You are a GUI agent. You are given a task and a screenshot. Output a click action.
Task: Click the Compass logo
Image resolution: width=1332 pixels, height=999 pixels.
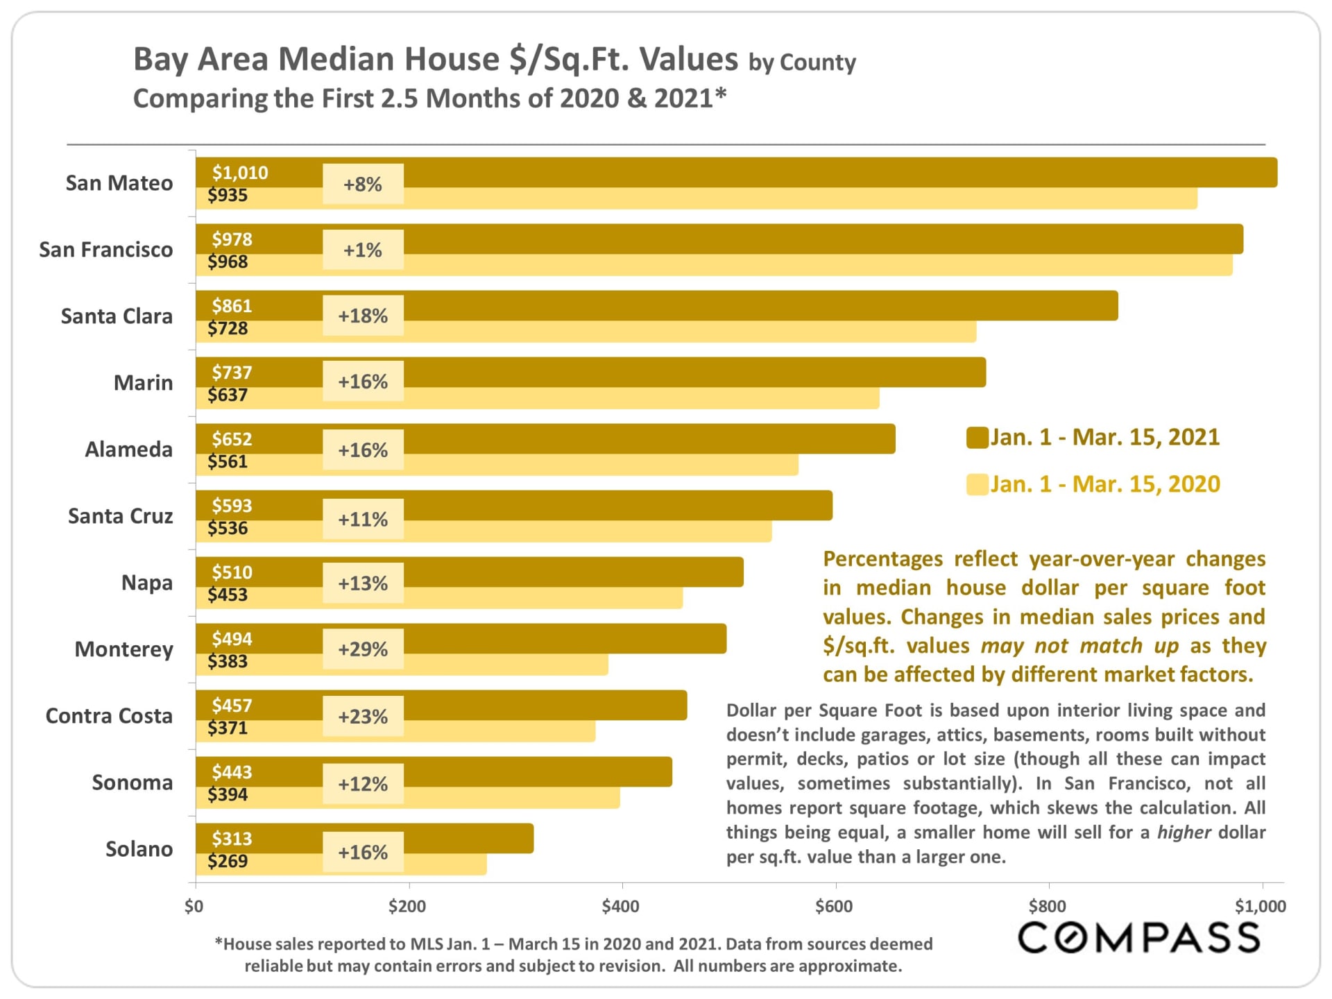tap(1138, 938)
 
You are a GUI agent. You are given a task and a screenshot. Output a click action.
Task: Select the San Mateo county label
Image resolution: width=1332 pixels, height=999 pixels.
tap(119, 183)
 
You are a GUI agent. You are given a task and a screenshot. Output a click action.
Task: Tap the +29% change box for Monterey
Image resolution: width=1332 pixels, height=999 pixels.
tap(363, 649)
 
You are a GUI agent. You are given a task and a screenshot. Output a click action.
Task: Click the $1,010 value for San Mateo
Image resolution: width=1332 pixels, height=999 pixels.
tap(240, 173)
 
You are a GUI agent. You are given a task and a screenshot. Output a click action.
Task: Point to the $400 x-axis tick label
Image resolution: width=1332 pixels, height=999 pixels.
tap(621, 906)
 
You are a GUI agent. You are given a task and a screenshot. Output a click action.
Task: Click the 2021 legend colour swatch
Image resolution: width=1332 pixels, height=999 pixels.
tap(977, 438)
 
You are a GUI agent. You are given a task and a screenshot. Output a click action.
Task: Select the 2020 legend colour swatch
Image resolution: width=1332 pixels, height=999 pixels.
tap(977, 484)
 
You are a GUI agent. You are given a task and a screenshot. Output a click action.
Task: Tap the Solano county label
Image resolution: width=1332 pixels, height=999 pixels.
tap(139, 849)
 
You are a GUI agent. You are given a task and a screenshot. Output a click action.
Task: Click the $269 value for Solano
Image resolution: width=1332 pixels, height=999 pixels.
tap(228, 861)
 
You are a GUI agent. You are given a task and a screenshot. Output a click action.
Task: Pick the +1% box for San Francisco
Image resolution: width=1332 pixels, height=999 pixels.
tap(363, 250)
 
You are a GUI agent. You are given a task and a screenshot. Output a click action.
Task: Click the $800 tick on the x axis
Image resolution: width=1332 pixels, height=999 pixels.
tap(1048, 906)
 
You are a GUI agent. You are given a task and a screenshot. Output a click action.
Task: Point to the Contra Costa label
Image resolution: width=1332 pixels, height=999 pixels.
tap(109, 716)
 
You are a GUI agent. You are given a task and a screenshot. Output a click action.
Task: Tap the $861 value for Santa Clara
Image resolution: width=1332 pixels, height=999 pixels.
tap(232, 306)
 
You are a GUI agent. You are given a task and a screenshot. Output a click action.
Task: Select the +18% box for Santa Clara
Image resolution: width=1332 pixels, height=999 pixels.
tap(363, 316)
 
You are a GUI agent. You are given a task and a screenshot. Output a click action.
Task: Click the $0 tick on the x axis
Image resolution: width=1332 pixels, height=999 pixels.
tap(194, 906)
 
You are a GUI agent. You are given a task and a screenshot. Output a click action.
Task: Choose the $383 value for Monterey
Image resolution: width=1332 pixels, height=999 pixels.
tap(228, 661)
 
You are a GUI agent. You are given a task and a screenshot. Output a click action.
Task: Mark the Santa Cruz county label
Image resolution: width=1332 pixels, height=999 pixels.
tap(120, 516)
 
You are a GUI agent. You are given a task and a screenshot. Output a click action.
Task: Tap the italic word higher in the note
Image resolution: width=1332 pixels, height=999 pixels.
tap(1184, 832)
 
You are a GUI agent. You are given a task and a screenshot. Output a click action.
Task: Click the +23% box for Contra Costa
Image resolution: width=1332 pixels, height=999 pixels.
tap(363, 716)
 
